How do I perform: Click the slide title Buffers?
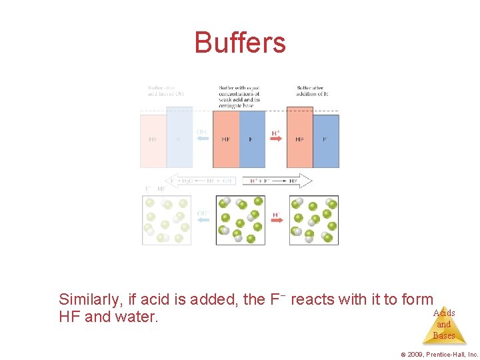tap(240, 43)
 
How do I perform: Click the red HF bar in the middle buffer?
tap(226, 139)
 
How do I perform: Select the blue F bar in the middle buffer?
tap(252, 139)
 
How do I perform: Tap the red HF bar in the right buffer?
tap(299, 139)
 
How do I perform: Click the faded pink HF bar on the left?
tap(153, 141)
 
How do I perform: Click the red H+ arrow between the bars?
tap(276, 138)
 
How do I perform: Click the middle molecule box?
tap(240, 220)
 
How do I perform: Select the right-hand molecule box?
tap(313, 220)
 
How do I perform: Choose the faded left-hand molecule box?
tap(167, 220)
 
